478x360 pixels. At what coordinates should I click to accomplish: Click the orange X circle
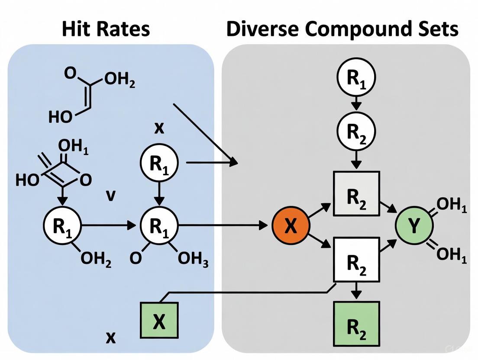[x=291, y=225]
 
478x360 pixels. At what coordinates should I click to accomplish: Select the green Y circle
[x=414, y=225]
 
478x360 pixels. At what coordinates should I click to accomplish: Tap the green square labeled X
[x=159, y=321]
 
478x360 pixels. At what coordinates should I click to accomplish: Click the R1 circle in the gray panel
[x=356, y=77]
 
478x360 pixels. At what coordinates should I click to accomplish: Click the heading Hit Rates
[x=106, y=29]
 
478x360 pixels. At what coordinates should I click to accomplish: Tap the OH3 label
[x=193, y=259]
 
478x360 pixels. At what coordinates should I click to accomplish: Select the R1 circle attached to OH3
[x=159, y=225]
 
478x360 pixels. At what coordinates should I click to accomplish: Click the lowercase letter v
[x=111, y=196]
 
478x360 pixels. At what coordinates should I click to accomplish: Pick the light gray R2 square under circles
[x=356, y=193]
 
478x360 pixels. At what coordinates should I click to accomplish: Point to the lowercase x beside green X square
[x=111, y=337]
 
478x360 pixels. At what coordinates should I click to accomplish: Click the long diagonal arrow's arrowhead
[x=234, y=162]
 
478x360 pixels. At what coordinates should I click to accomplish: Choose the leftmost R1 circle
[x=62, y=225]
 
